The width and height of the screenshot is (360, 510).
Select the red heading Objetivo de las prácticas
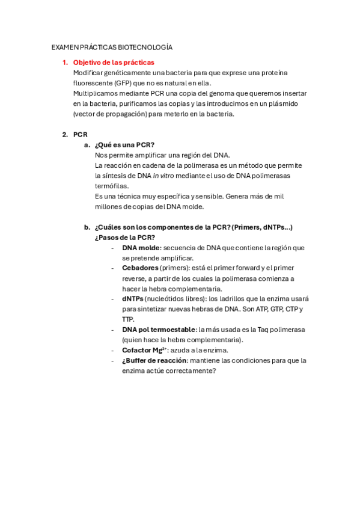tap(114, 62)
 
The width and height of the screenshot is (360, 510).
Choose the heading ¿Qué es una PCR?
tap(124, 144)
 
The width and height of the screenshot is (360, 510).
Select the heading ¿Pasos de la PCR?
tap(125, 237)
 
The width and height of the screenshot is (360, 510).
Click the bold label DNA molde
tap(141, 247)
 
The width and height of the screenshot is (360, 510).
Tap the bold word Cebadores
tap(141, 268)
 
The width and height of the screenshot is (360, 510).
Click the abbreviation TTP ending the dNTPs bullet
tap(128, 319)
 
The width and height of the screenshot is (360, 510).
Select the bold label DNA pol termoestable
tap(159, 329)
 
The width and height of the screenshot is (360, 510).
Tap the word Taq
tap(260, 329)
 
